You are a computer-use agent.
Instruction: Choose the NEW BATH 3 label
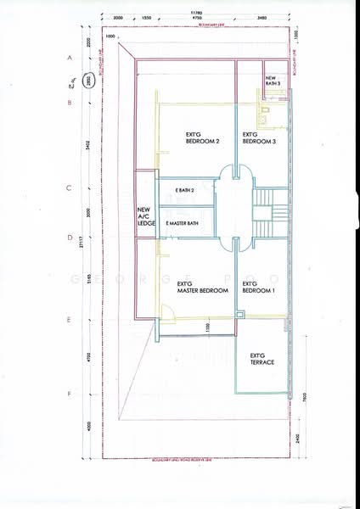[274, 81]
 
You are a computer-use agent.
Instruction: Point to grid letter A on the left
[69, 57]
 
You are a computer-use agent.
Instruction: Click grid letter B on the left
[69, 103]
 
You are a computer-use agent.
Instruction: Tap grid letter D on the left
[69, 238]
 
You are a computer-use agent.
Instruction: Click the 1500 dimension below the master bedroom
[206, 327]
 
